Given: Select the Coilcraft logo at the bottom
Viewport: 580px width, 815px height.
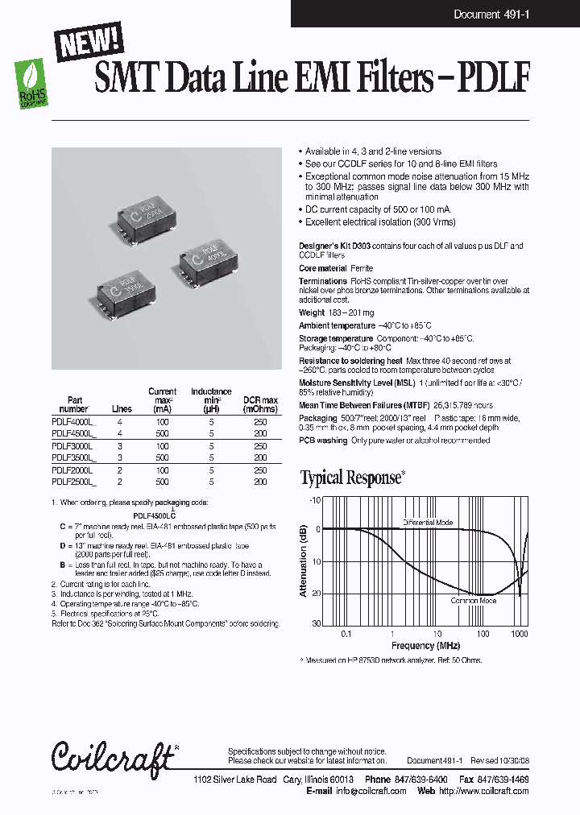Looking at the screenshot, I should click(x=112, y=757).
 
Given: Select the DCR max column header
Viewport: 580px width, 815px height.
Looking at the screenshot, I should click(x=260, y=404).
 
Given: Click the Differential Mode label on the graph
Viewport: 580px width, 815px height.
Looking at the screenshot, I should click(x=427, y=523).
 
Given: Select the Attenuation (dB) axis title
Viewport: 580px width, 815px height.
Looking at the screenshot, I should click(x=304, y=561).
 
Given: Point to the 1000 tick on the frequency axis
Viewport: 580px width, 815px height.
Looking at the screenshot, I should click(x=520, y=634).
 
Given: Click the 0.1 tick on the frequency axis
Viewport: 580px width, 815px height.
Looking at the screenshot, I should click(x=346, y=634).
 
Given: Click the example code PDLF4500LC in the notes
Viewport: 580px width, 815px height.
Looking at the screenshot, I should click(x=154, y=515).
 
